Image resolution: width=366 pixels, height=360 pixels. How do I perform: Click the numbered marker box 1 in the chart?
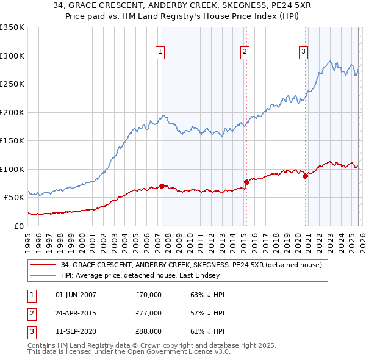tap(159, 52)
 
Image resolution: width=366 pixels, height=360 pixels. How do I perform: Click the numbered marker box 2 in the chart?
tap(244, 52)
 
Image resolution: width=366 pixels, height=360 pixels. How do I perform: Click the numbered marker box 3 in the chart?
tap(303, 52)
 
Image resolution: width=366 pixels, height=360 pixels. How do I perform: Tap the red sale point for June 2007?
tap(162, 185)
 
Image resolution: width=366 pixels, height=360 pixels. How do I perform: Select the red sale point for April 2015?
tap(246, 182)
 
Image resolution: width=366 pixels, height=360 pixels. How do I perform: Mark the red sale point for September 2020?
tap(305, 176)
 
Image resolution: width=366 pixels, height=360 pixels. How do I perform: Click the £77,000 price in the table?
tap(148, 313)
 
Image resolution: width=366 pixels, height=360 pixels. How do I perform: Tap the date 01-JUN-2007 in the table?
tap(76, 295)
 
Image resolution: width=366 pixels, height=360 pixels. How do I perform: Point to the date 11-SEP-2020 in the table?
tap(76, 331)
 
